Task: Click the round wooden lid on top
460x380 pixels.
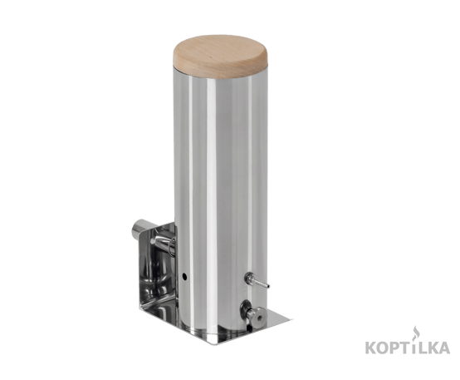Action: pyautogui.click(x=221, y=57)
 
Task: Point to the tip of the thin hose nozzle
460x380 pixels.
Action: pyautogui.click(x=268, y=286)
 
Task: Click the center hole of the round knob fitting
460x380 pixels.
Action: pyautogui.click(x=258, y=318)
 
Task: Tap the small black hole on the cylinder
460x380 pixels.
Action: pyautogui.click(x=185, y=276)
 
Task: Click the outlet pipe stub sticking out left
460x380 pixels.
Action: pyautogui.click(x=139, y=229)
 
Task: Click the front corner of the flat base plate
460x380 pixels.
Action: pyautogui.click(x=217, y=344)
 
